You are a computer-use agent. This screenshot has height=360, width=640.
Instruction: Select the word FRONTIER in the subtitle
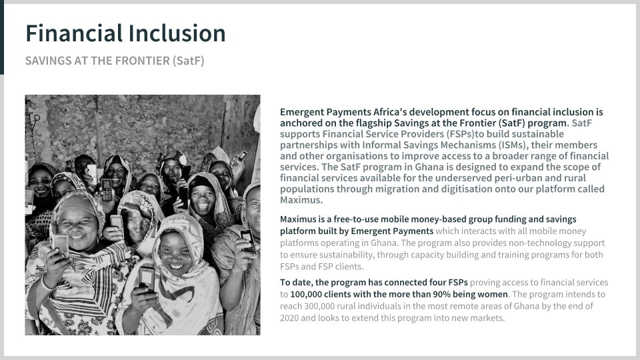(x=143, y=61)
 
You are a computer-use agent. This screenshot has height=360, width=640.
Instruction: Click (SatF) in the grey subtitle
(x=188, y=61)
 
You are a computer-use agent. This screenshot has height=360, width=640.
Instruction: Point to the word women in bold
(x=494, y=294)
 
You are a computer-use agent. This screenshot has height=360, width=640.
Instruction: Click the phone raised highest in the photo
(x=241, y=155)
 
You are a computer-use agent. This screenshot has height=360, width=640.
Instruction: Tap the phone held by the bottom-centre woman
(x=147, y=277)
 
